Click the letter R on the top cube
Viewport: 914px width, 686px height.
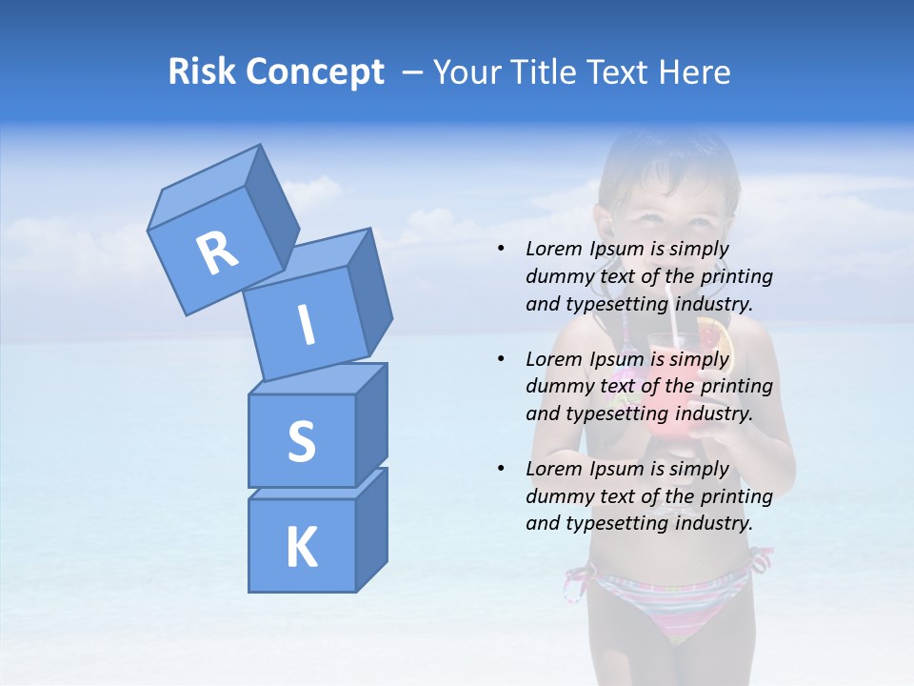pyautogui.click(x=217, y=252)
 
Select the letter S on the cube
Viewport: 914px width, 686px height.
pyautogui.click(x=301, y=441)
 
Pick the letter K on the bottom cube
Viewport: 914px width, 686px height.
pyautogui.click(x=301, y=548)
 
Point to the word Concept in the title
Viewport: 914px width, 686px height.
pyautogui.click(x=313, y=72)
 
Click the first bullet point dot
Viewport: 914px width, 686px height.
pyautogui.click(x=501, y=250)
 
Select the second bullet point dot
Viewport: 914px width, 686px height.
pyautogui.click(x=501, y=359)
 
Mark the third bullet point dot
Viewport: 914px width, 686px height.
pyautogui.click(x=501, y=469)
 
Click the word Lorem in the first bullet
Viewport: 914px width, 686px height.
pyautogui.click(x=554, y=250)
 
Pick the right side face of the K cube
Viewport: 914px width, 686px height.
pyautogui.click(x=371, y=530)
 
